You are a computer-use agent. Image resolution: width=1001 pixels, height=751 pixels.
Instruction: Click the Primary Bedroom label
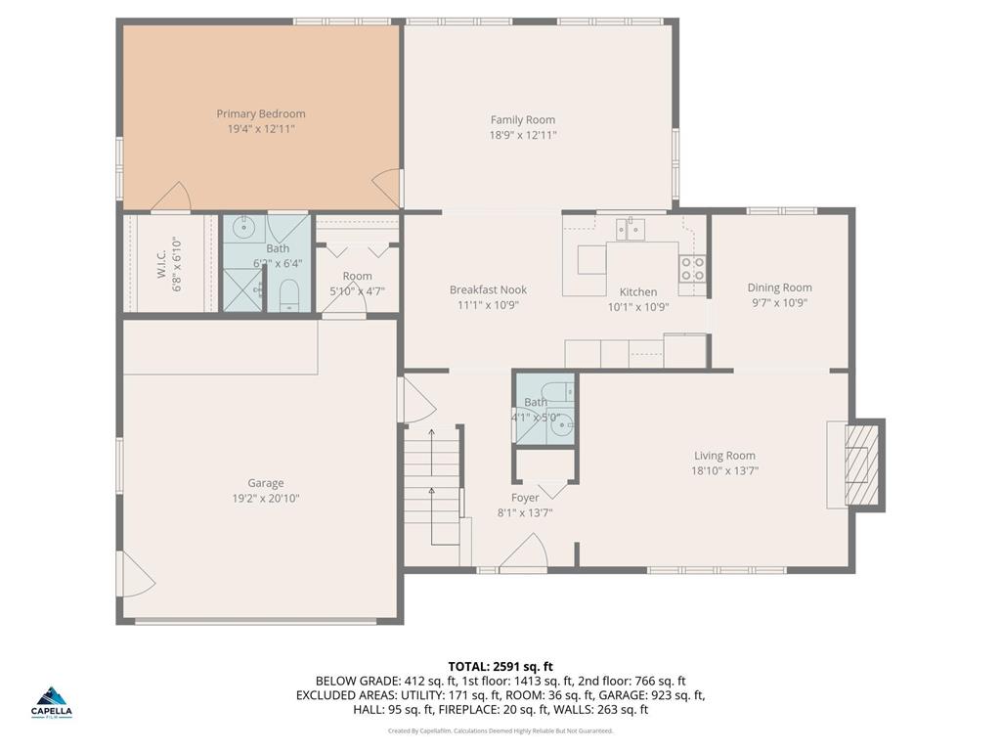pyautogui.click(x=261, y=114)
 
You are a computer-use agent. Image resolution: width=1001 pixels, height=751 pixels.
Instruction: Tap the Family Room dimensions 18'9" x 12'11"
pyautogui.click(x=523, y=136)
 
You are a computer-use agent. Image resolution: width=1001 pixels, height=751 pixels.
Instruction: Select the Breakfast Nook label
pyautogui.click(x=488, y=289)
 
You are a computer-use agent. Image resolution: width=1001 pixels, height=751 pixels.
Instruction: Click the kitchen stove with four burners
pyautogui.click(x=692, y=269)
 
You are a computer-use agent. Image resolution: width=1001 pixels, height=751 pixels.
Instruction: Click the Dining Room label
pyautogui.click(x=779, y=287)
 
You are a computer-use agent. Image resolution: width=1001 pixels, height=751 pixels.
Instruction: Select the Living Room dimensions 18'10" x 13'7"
pyautogui.click(x=724, y=470)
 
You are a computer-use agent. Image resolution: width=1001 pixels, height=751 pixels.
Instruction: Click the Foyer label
pyautogui.click(x=525, y=498)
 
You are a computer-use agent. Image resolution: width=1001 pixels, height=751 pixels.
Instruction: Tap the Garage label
pyautogui.click(x=265, y=483)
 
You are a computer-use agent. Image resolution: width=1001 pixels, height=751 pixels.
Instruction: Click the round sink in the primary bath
pyautogui.click(x=242, y=229)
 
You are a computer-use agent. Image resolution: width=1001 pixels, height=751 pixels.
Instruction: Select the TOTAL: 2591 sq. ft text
pyautogui.click(x=500, y=666)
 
